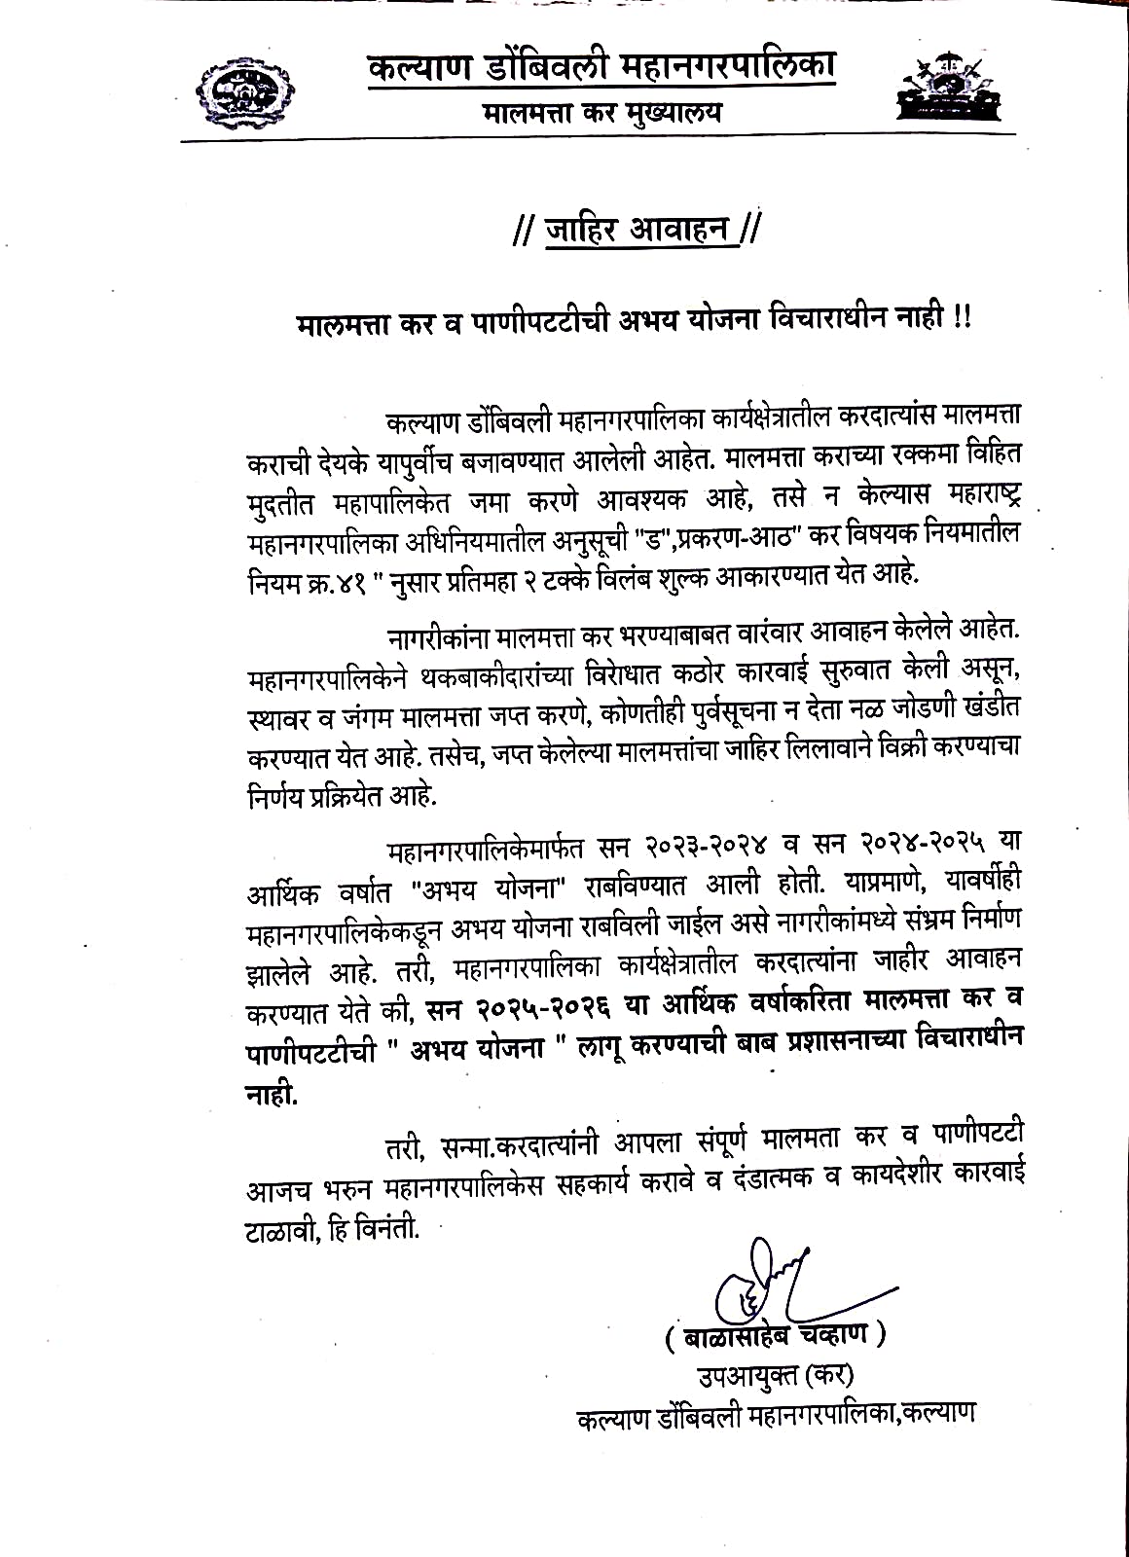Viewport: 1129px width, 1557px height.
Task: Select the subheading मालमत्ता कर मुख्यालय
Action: point(602,113)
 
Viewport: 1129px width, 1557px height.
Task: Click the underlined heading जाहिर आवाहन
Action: point(637,232)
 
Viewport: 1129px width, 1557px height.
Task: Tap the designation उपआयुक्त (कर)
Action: point(774,1376)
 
